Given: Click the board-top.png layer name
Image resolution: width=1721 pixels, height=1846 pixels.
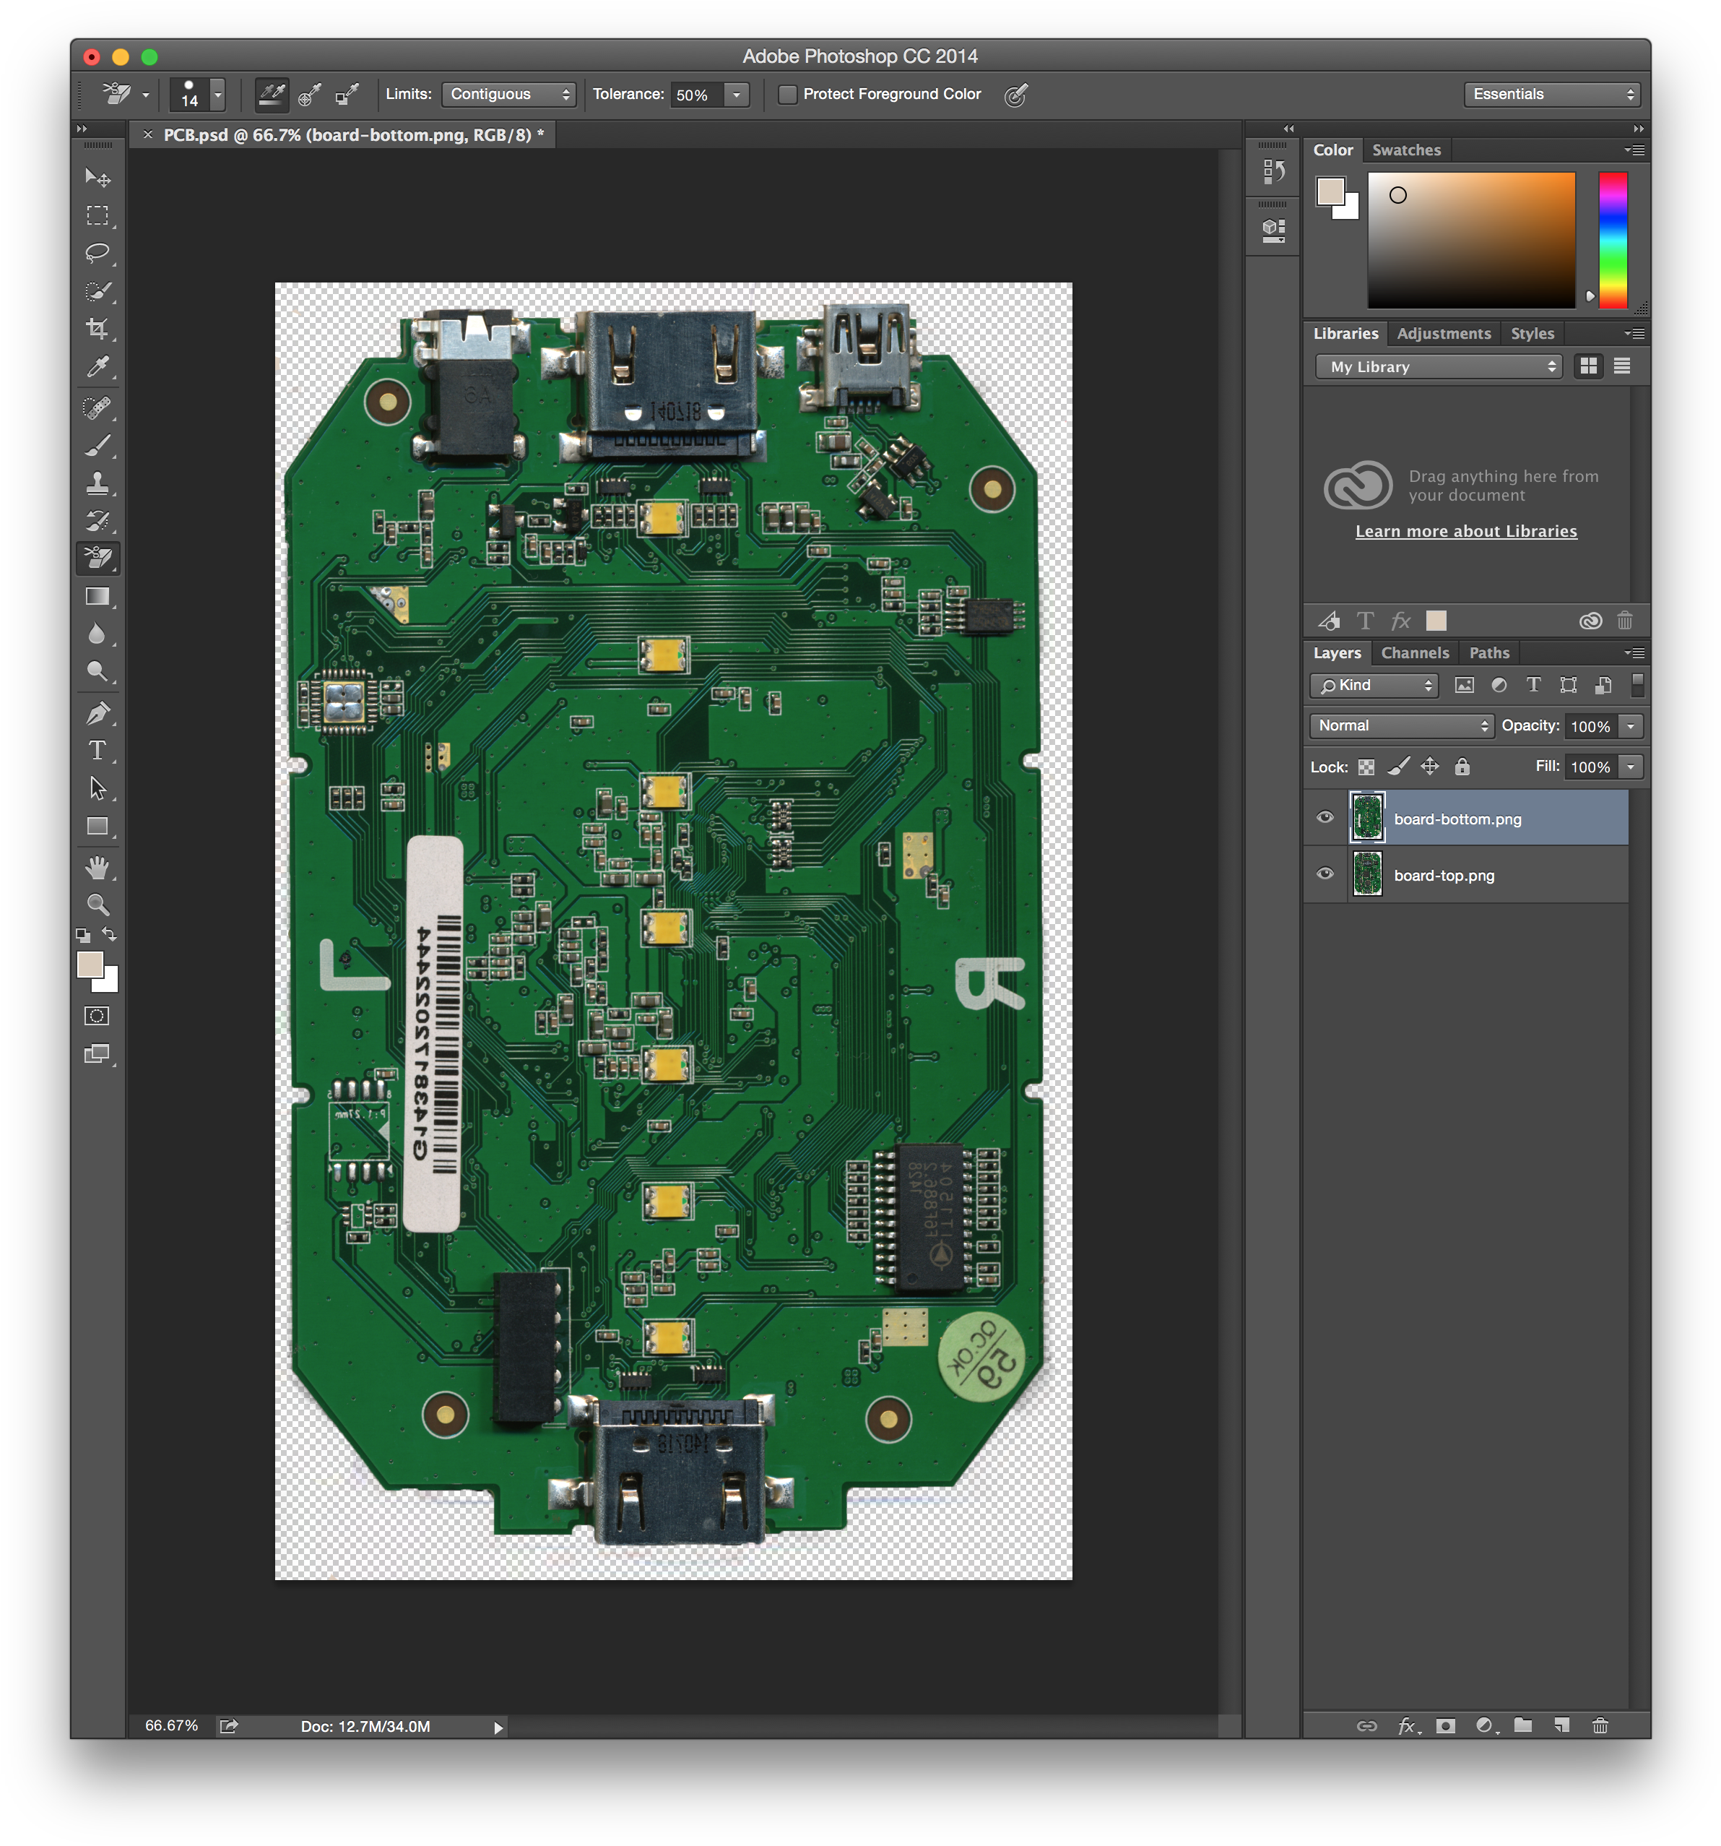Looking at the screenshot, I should [1444, 876].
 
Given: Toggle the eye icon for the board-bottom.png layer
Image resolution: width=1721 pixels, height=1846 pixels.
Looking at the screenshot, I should [1325, 817].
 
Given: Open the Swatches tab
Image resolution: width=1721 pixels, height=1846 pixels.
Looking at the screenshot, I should [1405, 150].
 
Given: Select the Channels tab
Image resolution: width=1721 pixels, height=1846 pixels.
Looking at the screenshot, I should [1414, 653].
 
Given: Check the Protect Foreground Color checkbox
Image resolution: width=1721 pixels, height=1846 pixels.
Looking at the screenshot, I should [787, 95].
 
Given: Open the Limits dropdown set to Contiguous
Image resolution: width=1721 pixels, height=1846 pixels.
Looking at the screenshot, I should [508, 95].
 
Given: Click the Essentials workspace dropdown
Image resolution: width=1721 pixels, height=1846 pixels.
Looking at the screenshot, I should [1551, 95].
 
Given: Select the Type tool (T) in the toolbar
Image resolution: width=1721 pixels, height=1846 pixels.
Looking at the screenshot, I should [97, 750].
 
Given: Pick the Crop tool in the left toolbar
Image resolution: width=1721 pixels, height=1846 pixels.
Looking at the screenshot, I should [97, 328].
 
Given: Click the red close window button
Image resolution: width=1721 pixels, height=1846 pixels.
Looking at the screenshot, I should [92, 56].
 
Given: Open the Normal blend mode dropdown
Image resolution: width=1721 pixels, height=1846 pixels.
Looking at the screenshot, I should [1401, 726].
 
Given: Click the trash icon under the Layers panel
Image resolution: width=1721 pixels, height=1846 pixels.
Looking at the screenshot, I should [1600, 1725].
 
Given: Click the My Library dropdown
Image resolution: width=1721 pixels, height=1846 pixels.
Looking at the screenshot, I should [1438, 367].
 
